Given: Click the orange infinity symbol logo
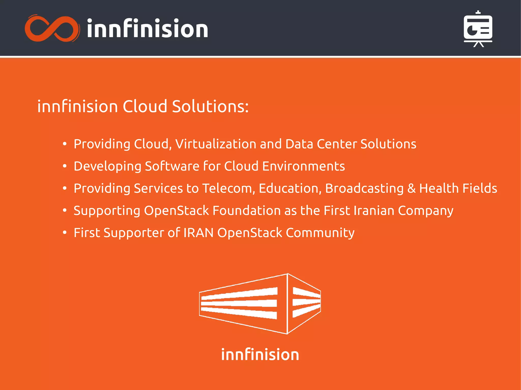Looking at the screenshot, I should pos(52,28).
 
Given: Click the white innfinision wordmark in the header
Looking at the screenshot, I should pos(147,29).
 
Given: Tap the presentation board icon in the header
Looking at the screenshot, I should pos(478,29).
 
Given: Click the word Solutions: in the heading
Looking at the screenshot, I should pos(210,106).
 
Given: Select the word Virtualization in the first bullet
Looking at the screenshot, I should pos(216,144).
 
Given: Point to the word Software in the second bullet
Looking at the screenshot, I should pos(172,166).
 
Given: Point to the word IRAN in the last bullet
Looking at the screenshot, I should pos(198,233).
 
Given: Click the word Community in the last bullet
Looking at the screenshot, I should pos(320,233).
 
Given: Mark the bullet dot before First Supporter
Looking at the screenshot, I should pos(65,233).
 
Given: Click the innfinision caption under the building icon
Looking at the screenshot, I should pos(260,355).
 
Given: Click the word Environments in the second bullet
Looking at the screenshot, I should pos(303,166).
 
